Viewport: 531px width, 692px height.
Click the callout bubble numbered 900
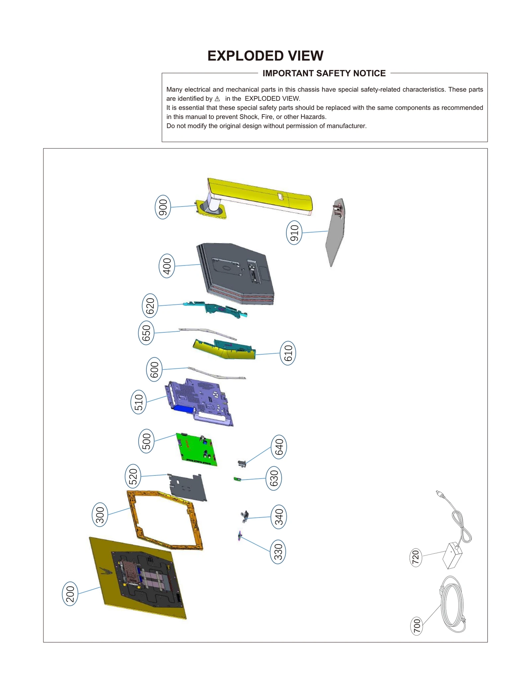tap(163, 207)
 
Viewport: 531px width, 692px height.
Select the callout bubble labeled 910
tap(294, 232)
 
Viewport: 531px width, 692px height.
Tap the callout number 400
tap(167, 266)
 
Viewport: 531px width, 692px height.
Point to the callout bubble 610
tap(288, 353)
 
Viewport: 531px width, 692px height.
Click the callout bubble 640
tap(279, 447)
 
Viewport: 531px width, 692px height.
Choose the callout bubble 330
tap(278, 552)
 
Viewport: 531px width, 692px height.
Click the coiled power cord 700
tap(453, 604)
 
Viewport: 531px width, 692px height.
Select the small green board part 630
tap(237, 479)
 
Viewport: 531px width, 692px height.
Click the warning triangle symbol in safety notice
tap(217, 99)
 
